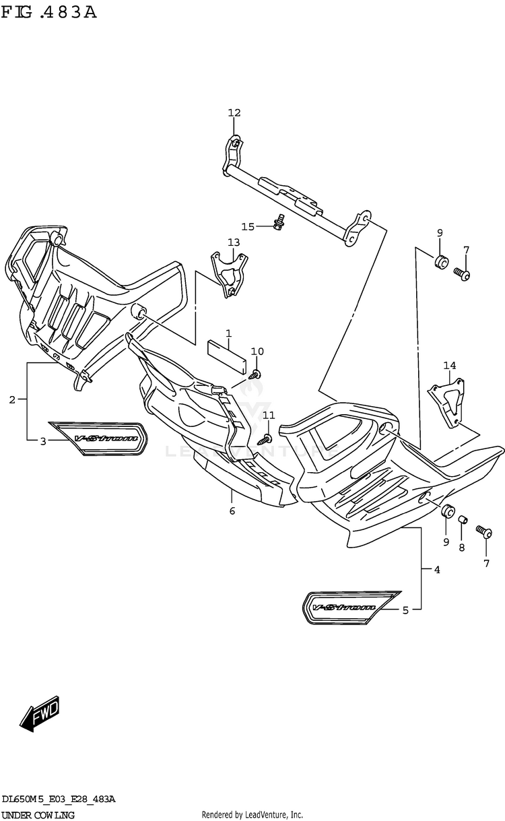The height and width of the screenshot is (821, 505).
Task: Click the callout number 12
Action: (x=234, y=112)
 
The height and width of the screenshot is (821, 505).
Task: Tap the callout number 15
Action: (x=248, y=226)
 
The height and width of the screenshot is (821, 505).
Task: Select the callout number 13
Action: (x=233, y=242)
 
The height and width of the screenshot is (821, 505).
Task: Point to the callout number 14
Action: (x=449, y=366)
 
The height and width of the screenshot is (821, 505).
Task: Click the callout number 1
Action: (x=228, y=333)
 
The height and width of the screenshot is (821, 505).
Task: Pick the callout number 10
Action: (x=257, y=352)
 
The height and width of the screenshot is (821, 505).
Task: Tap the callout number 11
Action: (x=269, y=414)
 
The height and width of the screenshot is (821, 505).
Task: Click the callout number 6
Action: (x=232, y=511)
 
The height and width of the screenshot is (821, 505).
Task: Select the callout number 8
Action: (x=461, y=548)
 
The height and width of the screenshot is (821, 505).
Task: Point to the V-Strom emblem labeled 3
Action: (x=98, y=438)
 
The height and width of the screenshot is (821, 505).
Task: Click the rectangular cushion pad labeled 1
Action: (x=225, y=354)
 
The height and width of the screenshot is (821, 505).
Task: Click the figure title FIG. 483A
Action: (x=48, y=12)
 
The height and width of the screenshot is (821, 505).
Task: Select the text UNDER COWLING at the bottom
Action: (x=38, y=815)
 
